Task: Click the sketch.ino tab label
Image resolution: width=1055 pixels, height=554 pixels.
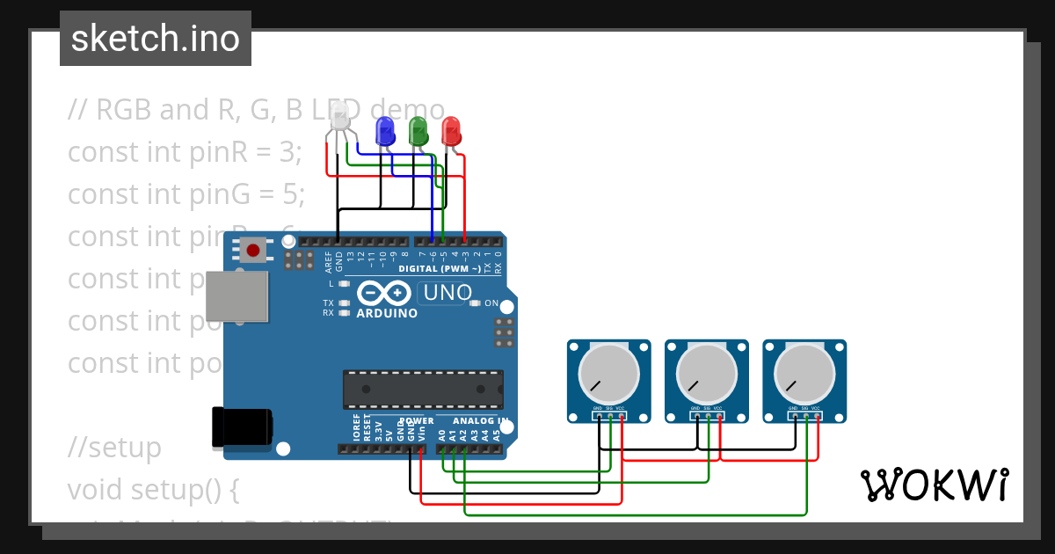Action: pyautogui.click(x=156, y=39)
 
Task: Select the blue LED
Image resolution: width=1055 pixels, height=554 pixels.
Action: pyautogui.click(x=384, y=132)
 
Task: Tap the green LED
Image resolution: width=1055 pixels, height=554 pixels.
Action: pyautogui.click(x=418, y=132)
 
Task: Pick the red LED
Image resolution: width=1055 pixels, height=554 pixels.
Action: pyautogui.click(x=451, y=132)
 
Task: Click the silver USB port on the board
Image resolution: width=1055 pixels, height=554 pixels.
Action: pyautogui.click(x=236, y=295)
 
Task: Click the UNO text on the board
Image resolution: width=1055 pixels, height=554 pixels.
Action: pyautogui.click(x=447, y=292)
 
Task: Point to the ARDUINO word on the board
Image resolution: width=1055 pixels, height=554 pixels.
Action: pyautogui.click(x=387, y=313)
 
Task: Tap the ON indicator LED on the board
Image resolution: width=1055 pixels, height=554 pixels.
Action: pyautogui.click(x=476, y=303)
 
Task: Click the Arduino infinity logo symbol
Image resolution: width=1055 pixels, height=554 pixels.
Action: pyautogui.click(x=384, y=292)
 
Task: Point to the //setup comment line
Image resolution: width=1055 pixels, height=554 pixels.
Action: pyautogui.click(x=115, y=448)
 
